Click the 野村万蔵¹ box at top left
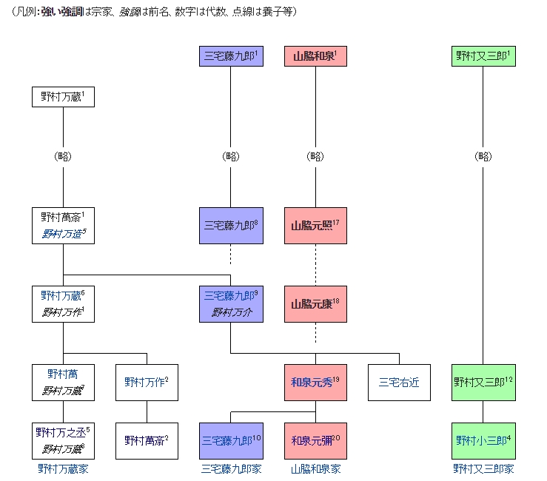pyautogui.click(x=63, y=96)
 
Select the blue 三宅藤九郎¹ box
pyautogui.click(x=231, y=56)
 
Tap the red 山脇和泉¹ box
pyautogui.click(x=315, y=56)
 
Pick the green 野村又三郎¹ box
pyautogui.click(x=483, y=56)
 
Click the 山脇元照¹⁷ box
pyautogui.click(x=315, y=226)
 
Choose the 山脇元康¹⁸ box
pyautogui.click(x=315, y=303)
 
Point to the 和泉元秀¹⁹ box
pyautogui.click(x=315, y=383)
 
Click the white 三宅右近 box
pyautogui.click(x=399, y=383)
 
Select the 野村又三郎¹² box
pyautogui.click(x=483, y=383)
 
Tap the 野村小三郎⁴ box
pyautogui.click(x=483, y=440)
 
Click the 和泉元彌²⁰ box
pyautogui.click(x=315, y=440)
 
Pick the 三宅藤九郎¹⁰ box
pyautogui.click(x=231, y=440)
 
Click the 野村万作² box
pyautogui.click(x=147, y=383)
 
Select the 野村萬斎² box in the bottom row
pyautogui.click(x=147, y=440)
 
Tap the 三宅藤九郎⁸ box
pyautogui.click(x=231, y=226)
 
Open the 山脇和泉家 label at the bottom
pyautogui.click(x=315, y=469)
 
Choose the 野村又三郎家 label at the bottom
pyautogui.click(x=483, y=469)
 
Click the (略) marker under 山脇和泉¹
pyautogui.click(x=315, y=156)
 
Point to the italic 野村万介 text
pyautogui.click(x=231, y=312)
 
